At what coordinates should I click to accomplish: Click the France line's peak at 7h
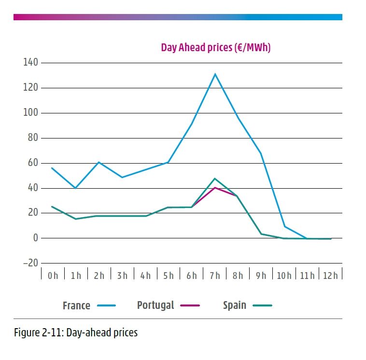tap(215, 74)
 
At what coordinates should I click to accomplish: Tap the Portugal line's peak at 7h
tap(215, 187)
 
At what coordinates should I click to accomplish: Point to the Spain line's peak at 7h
tap(215, 179)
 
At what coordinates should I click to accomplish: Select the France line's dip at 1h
tap(75, 188)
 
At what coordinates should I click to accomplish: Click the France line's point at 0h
tap(52, 168)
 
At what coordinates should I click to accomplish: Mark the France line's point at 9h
tap(261, 153)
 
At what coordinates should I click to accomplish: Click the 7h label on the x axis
tap(215, 276)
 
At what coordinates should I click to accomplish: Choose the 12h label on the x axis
tap(331, 276)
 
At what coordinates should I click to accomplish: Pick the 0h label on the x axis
tap(52, 276)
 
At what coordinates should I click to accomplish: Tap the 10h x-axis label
tap(284, 276)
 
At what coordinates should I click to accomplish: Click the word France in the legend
tap(76, 305)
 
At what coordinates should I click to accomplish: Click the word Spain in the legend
tap(235, 305)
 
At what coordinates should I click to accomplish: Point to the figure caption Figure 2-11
tap(76, 332)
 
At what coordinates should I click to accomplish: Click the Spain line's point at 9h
tap(261, 234)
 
